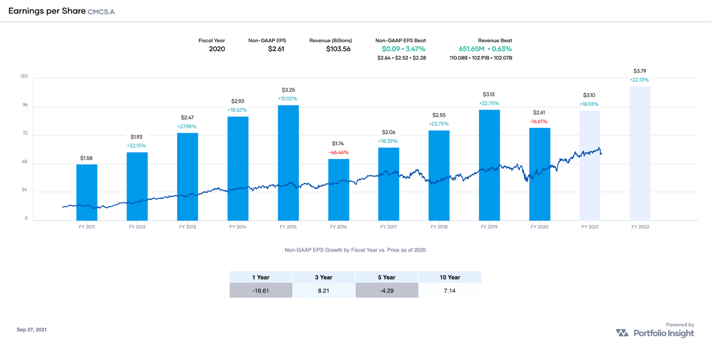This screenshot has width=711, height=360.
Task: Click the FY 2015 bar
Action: [288, 162]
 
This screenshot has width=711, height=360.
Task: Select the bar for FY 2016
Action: [338, 189]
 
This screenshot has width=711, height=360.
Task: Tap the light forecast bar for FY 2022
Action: [640, 153]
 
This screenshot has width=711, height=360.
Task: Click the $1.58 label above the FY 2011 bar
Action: [87, 158]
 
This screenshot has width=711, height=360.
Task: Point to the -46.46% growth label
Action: [338, 152]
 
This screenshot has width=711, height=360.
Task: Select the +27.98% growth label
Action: [187, 127]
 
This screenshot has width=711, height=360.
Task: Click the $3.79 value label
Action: [640, 71]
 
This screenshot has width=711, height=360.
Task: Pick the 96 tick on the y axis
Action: [24, 106]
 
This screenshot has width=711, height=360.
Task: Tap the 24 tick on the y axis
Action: [24, 191]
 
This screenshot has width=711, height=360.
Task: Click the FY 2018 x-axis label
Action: [439, 227]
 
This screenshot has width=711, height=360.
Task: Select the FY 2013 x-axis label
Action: [187, 227]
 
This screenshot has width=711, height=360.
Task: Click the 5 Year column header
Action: [387, 277]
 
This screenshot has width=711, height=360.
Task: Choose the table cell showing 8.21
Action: [323, 291]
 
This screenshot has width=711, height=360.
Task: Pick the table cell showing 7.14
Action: [449, 291]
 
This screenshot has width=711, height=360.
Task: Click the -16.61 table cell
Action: [261, 291]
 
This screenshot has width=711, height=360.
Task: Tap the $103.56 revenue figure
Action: [338, 49]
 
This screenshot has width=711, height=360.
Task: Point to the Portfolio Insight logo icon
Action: [622, 333]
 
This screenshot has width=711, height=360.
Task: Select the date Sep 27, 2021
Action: [32, 329]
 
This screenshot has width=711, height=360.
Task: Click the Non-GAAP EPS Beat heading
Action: [400, 41]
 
